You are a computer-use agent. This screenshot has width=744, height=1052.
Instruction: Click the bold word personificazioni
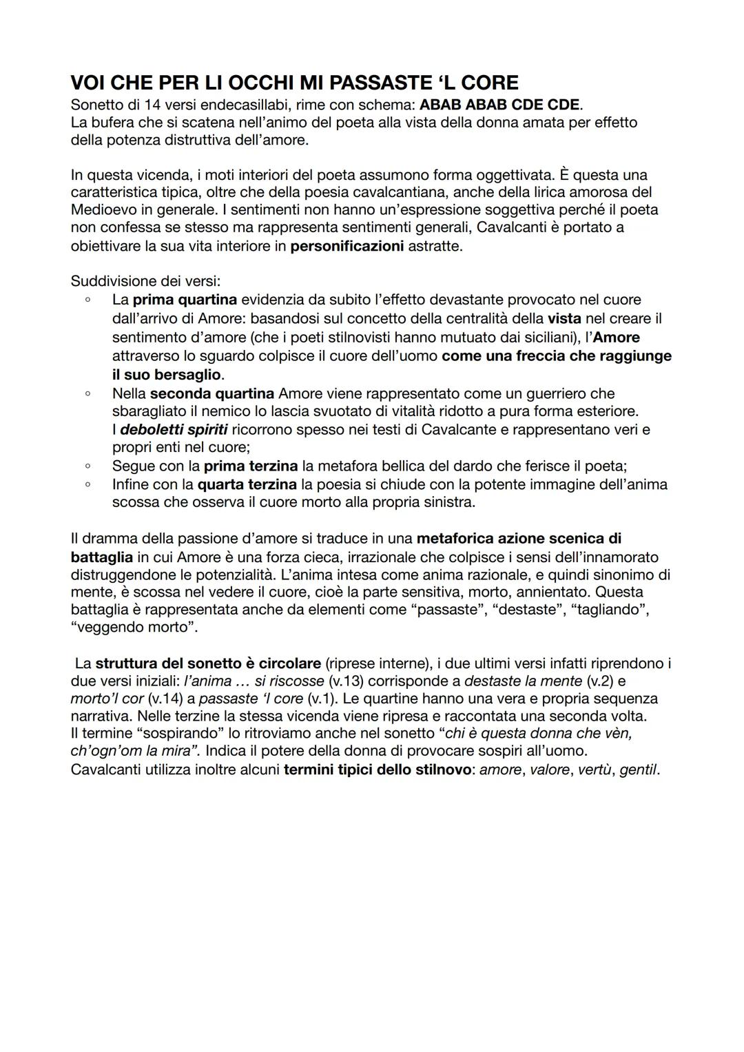tap(347, 246)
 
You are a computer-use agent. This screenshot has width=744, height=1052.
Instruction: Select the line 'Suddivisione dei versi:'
tap(145, 282)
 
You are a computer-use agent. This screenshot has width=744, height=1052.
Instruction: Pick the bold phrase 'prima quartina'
tap(185, 300)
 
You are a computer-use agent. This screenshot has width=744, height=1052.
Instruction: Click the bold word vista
tap(564, 318)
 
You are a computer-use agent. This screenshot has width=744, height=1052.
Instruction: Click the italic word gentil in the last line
tap(638, 770)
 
